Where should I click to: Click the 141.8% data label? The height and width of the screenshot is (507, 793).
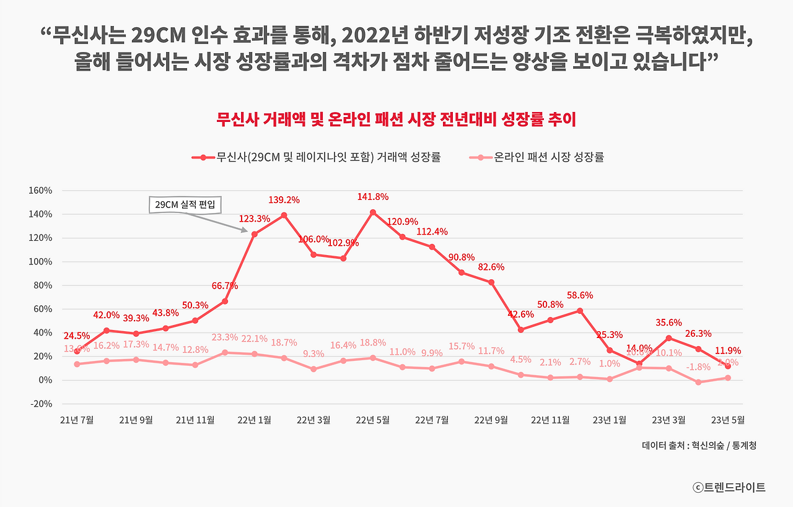click(372, 197)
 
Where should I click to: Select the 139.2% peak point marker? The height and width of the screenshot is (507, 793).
click(284, 215)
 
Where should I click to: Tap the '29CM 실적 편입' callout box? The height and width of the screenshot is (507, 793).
click(185, 204)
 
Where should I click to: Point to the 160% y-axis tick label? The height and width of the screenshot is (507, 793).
click(40, 191)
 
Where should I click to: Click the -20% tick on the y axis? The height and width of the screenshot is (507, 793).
click(41, 404)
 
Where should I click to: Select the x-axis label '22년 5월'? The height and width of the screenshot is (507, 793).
click(372, 420)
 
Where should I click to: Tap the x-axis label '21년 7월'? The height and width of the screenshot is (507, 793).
click(77, 420)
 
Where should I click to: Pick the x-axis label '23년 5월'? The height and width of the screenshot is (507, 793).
click(727, 420)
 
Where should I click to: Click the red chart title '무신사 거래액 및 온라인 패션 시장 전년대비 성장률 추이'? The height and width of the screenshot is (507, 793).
click(396, 119)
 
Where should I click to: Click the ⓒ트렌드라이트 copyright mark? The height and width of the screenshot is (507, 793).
click(729, 487)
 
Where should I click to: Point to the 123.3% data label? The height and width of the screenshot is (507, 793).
click(254, 218)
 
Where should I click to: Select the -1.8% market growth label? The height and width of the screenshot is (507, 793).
click(698, 367)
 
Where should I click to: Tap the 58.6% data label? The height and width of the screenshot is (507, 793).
click(579, 296)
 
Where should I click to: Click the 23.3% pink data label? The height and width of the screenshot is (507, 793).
click(224, 337)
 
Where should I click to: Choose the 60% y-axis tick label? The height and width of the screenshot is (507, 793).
click(42, 309)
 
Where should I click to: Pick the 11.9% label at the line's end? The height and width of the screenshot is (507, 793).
click(727, 350)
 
